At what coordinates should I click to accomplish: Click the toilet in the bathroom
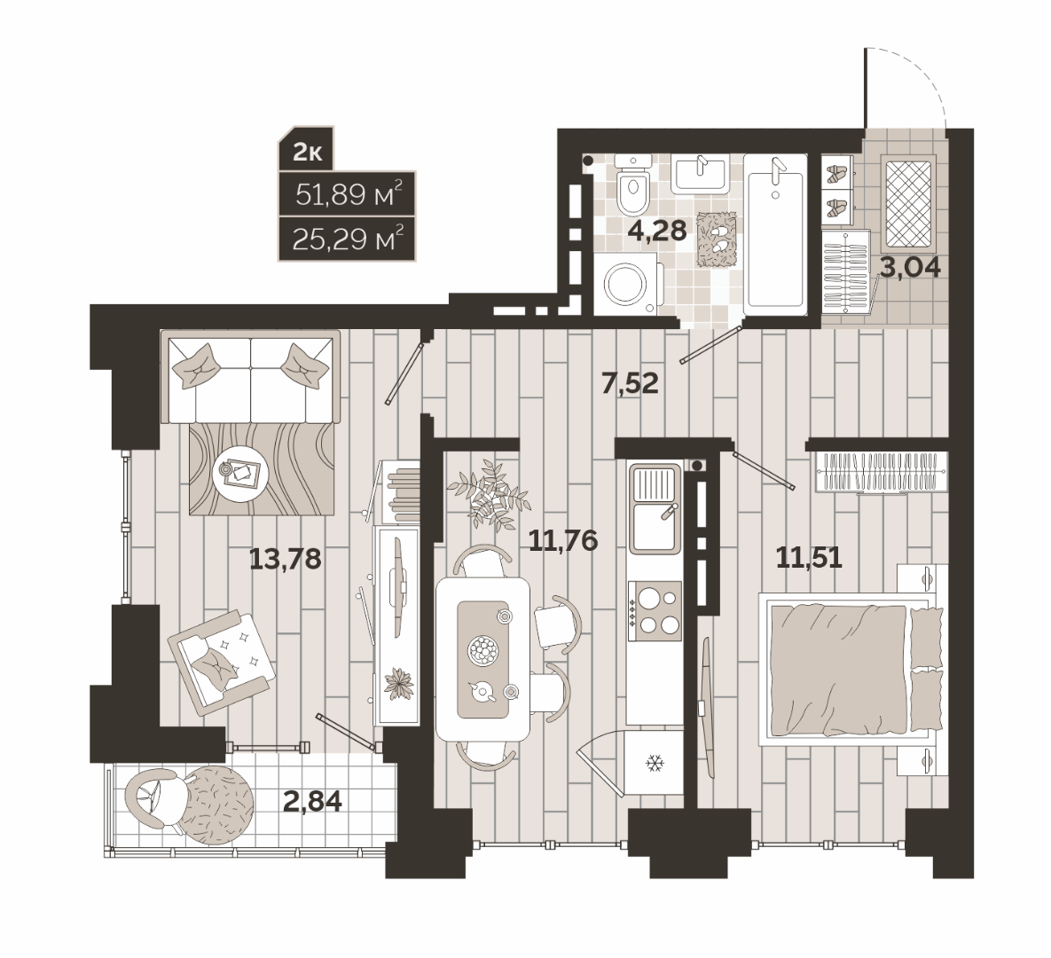(633, 182)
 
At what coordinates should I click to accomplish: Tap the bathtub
(775, 235)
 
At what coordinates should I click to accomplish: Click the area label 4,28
(657, 231)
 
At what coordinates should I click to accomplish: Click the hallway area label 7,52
(630, 384)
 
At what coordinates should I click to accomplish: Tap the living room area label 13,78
(286, 558)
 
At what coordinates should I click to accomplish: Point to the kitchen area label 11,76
(562, 539)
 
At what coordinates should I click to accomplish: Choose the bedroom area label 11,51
(808, 558)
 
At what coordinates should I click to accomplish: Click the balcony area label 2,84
(312, 801)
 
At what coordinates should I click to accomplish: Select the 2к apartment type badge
(308, 153)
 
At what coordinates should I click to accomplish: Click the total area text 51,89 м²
(349, 194)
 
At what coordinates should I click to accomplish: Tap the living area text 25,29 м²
(348, 239)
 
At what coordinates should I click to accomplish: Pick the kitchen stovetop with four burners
(655, 609)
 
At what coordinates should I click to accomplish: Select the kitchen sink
(655, 509)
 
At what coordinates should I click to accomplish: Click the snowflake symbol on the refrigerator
(653, 762)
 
